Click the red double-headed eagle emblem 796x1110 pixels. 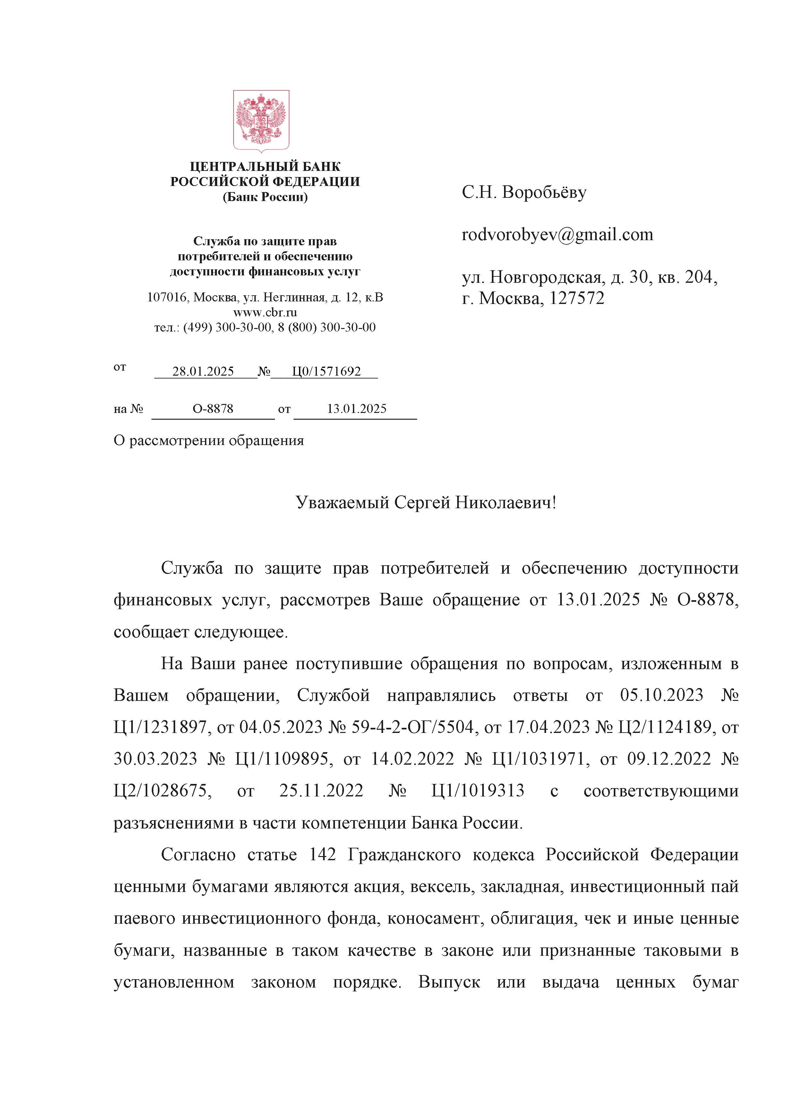click(x=261, y=121)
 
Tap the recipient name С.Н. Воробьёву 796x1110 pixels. click(x=524, y=192)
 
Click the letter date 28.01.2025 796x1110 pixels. click(x=203, y=372)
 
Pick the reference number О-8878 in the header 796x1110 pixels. click(x=213, y=409)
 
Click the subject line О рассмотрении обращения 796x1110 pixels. click(x=209, y=441)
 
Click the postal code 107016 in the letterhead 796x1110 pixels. click(x=167, y=298)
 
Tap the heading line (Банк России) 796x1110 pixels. click(x=265, y=197)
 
